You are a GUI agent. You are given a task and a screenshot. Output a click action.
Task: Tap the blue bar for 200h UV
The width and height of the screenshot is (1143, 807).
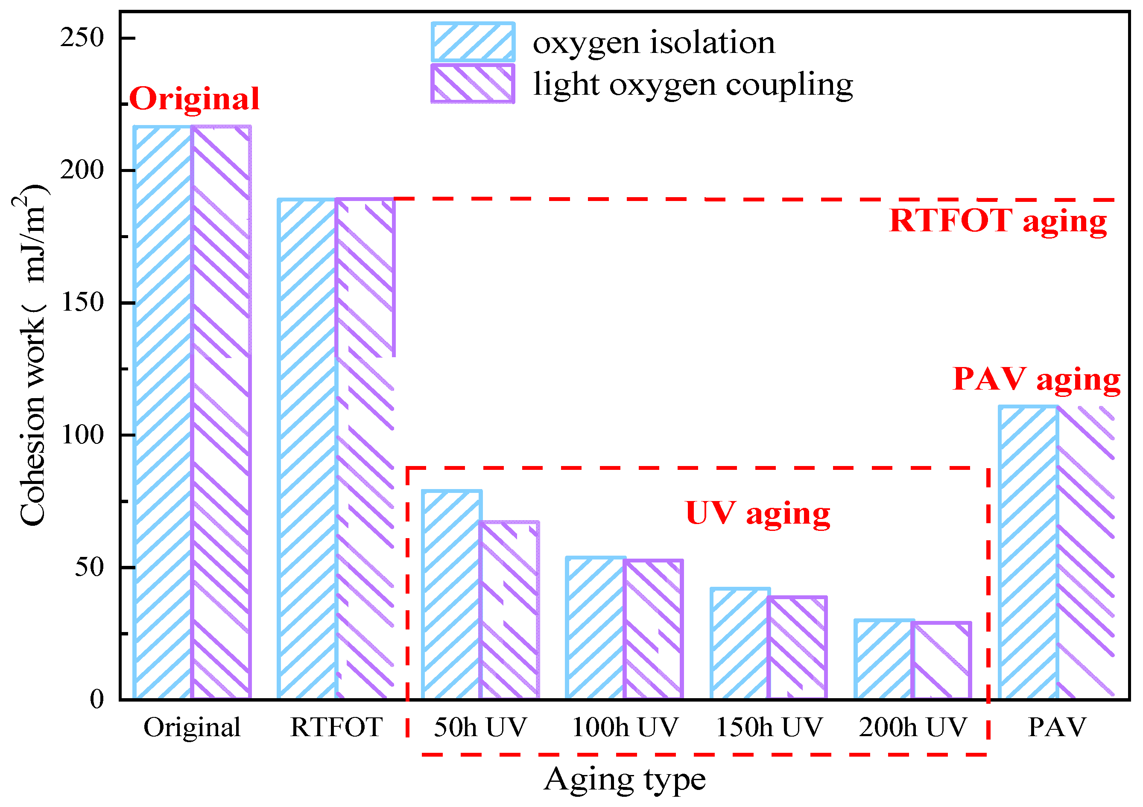pos(885,660)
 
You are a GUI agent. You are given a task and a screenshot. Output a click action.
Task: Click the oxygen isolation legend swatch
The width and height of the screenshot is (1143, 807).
pos(473,42)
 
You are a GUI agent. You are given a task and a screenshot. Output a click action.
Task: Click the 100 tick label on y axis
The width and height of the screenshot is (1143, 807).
pos(82,435)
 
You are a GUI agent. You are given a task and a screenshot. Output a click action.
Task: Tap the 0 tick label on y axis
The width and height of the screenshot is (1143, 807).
pos(96,699)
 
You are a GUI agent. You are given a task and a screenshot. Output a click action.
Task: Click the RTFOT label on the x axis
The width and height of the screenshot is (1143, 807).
pos(336,727)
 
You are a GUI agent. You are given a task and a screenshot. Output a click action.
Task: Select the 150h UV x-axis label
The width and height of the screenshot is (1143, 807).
pos(769,727)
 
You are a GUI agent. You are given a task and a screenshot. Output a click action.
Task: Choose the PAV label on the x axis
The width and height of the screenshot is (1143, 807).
pos(1057,727)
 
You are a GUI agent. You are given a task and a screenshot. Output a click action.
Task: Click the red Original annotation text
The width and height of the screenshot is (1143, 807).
pos(195,99)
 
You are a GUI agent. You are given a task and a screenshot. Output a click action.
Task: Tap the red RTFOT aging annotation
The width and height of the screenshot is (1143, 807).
pos(998,220)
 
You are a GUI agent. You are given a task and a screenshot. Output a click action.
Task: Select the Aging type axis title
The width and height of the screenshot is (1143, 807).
pos(625,780)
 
